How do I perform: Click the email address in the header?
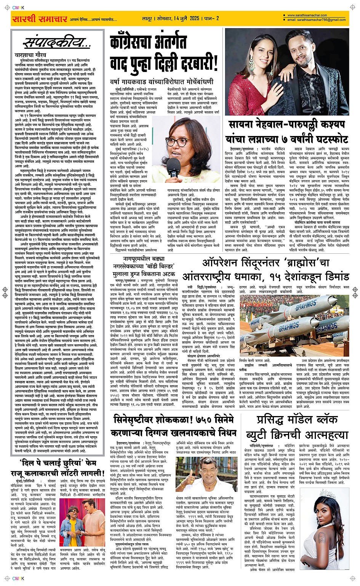(x=317, y=20)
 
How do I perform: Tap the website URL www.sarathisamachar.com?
(x=307, y=16)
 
